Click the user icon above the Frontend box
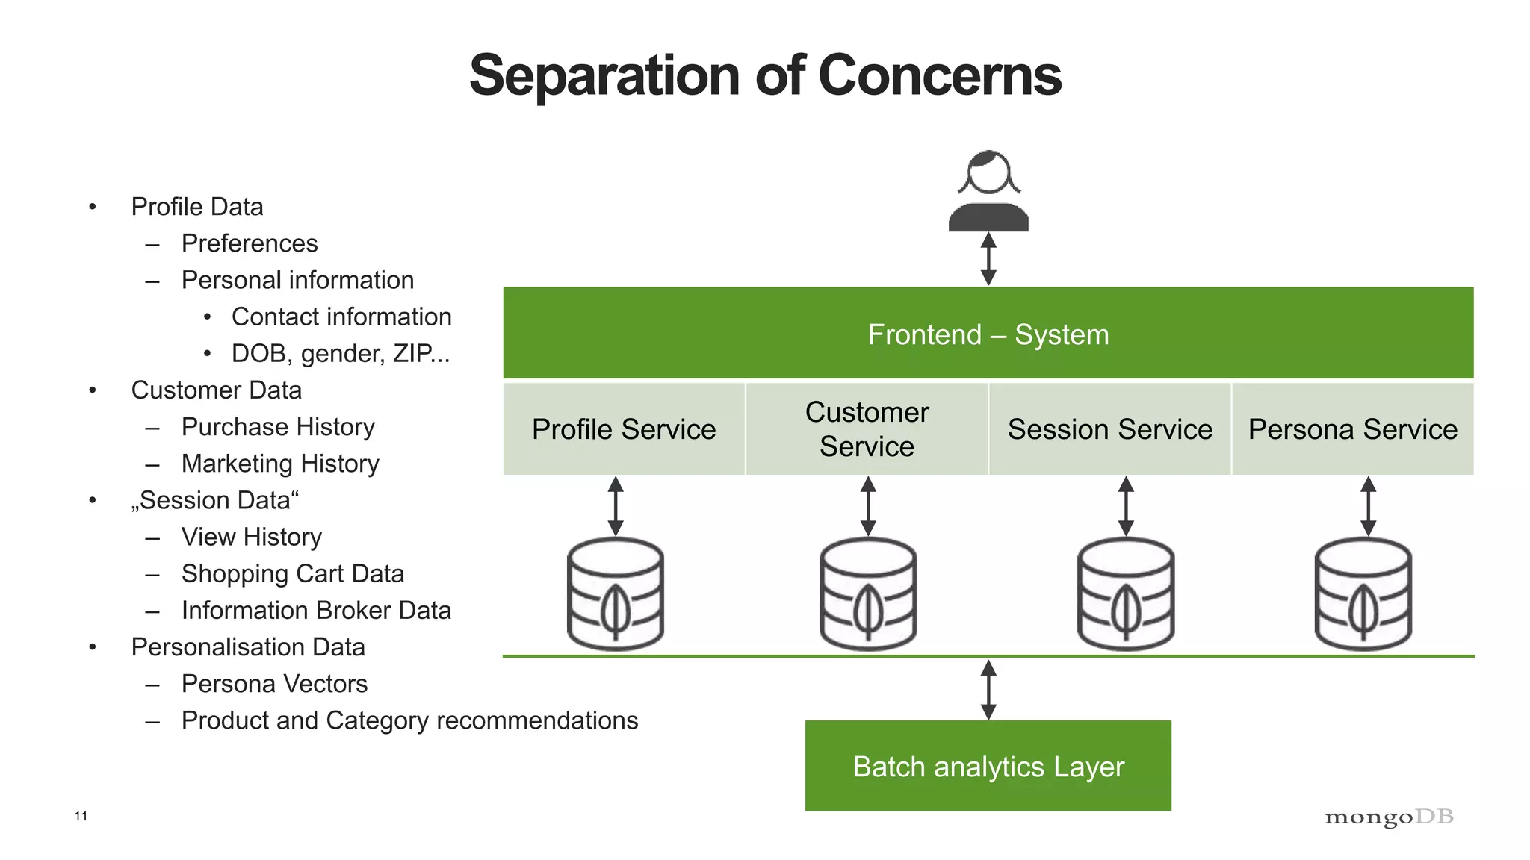tap(988, 191)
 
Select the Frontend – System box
tap(988, 333)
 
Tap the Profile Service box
tap(624, 429)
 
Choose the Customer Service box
tap(867, 429)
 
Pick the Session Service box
tap(1109, 429)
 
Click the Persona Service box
tap(1352, 429)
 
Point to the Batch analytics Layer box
tap(988, 766)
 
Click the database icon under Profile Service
tap(616, 594)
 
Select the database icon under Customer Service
tap(867, 594)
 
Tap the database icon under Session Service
tap(1126, 594)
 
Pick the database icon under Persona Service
tap(1363, 594)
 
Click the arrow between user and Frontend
tap(988, 259)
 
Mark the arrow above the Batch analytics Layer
tap(988, 689)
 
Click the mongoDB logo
tap(1389, 817)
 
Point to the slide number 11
tap(81, 816)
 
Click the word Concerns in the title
tap(939, 75)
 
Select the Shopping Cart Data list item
tap(292, 573)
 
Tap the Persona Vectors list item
tap(274, 683)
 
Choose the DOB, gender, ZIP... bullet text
tap(341, 353)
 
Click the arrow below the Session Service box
tap(1126, 506)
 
